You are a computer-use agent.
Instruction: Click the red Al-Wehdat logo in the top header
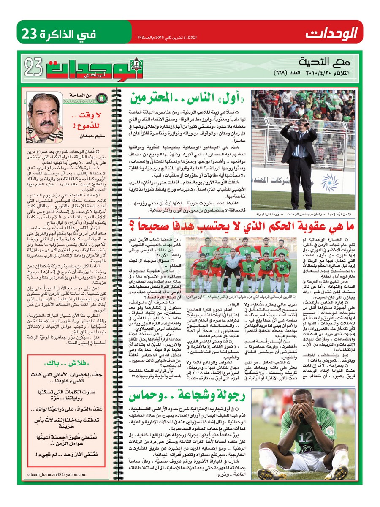(x=331, y=32)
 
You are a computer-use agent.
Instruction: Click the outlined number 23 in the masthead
(x=35, y=67)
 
